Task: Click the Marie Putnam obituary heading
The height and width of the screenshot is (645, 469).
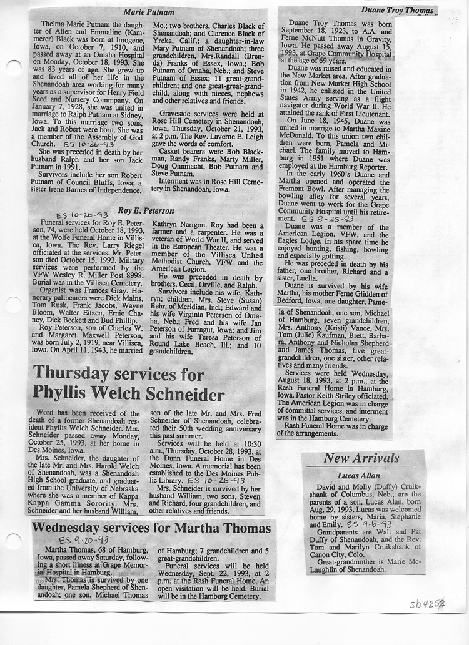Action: point(148,12)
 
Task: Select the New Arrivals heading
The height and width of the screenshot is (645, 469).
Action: point(361,458)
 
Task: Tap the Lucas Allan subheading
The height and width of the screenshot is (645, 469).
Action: point(361,476)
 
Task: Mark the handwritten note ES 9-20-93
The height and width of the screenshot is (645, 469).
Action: point(83,540)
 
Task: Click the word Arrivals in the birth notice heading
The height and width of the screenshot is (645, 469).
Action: point(376,458)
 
